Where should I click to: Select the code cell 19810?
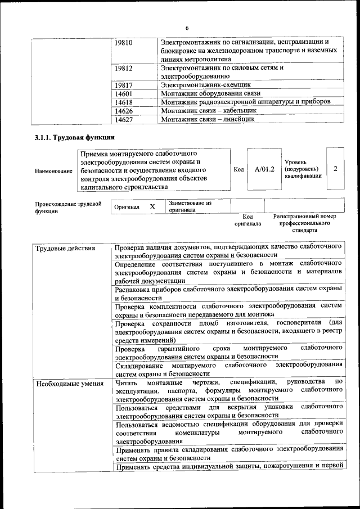click(123, 42)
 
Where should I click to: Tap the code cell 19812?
click(123, 69)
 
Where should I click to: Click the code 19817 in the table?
click(123, 85)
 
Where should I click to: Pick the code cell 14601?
click(123, 93)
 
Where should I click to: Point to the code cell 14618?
click(123, 102)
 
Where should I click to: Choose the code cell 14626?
click(123, 111)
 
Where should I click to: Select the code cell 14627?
click(123, 119)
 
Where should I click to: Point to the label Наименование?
click(53, 170)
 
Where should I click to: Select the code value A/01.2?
click(264, 169)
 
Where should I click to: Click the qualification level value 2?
click(335, 169)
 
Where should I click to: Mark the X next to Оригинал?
click(152, 207)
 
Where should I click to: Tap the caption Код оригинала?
click(247, 220)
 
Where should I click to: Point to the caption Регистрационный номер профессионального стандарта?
click(304, 223)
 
